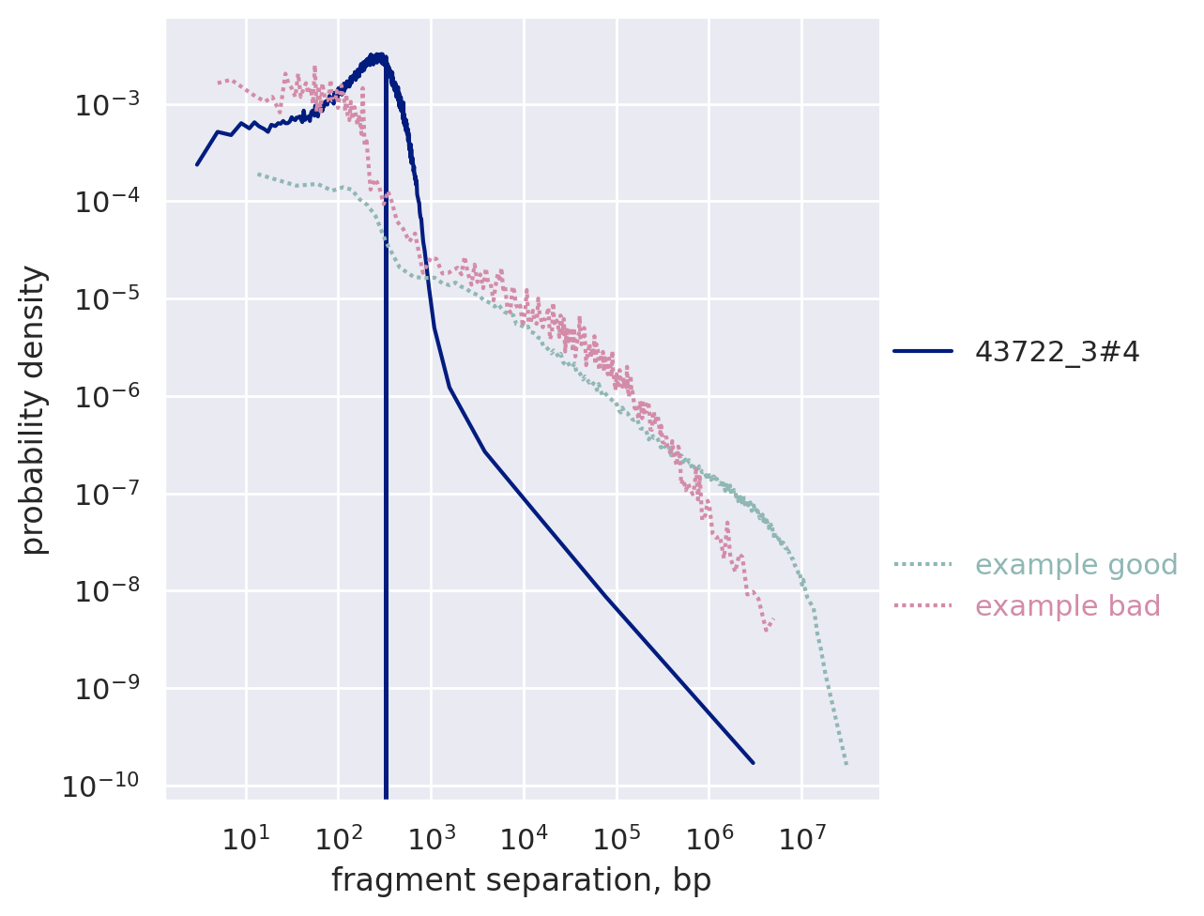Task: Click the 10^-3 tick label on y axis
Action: [x=108, y=104]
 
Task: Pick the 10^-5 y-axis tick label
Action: [x=108, y=299]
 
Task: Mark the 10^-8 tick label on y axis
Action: [x=108, y=591]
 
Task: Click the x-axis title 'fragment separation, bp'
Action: [x=521, y=880]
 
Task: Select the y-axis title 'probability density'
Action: [x=34, y=409]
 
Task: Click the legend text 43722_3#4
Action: [x=1057, y=352]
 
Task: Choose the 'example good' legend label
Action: [x=1075, y=565]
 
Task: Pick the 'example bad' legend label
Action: [x=1067, y=606]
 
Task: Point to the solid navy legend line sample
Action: [x=922, y=352]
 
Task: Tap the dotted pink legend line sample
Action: [x=922, y=606]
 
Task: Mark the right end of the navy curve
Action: [x=753, y=763]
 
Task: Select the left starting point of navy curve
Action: [x=197, y=165]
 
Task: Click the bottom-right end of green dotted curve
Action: [x=846, y=764]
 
